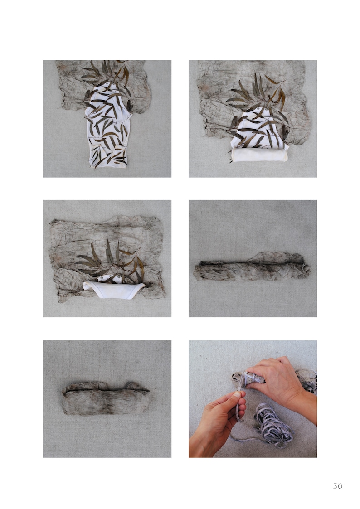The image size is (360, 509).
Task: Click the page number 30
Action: point(337,486)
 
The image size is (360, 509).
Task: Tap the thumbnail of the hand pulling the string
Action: point(253,399)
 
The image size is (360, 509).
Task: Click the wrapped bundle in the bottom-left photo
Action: point(106,398)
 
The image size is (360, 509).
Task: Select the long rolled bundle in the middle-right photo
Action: point(252,267)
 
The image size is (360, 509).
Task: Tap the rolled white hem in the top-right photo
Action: point(259,155)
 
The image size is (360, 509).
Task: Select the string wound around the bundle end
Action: point(250,378)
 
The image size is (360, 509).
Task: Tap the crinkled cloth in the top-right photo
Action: point(253,97)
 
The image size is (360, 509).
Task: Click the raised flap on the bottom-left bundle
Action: point(136,386)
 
